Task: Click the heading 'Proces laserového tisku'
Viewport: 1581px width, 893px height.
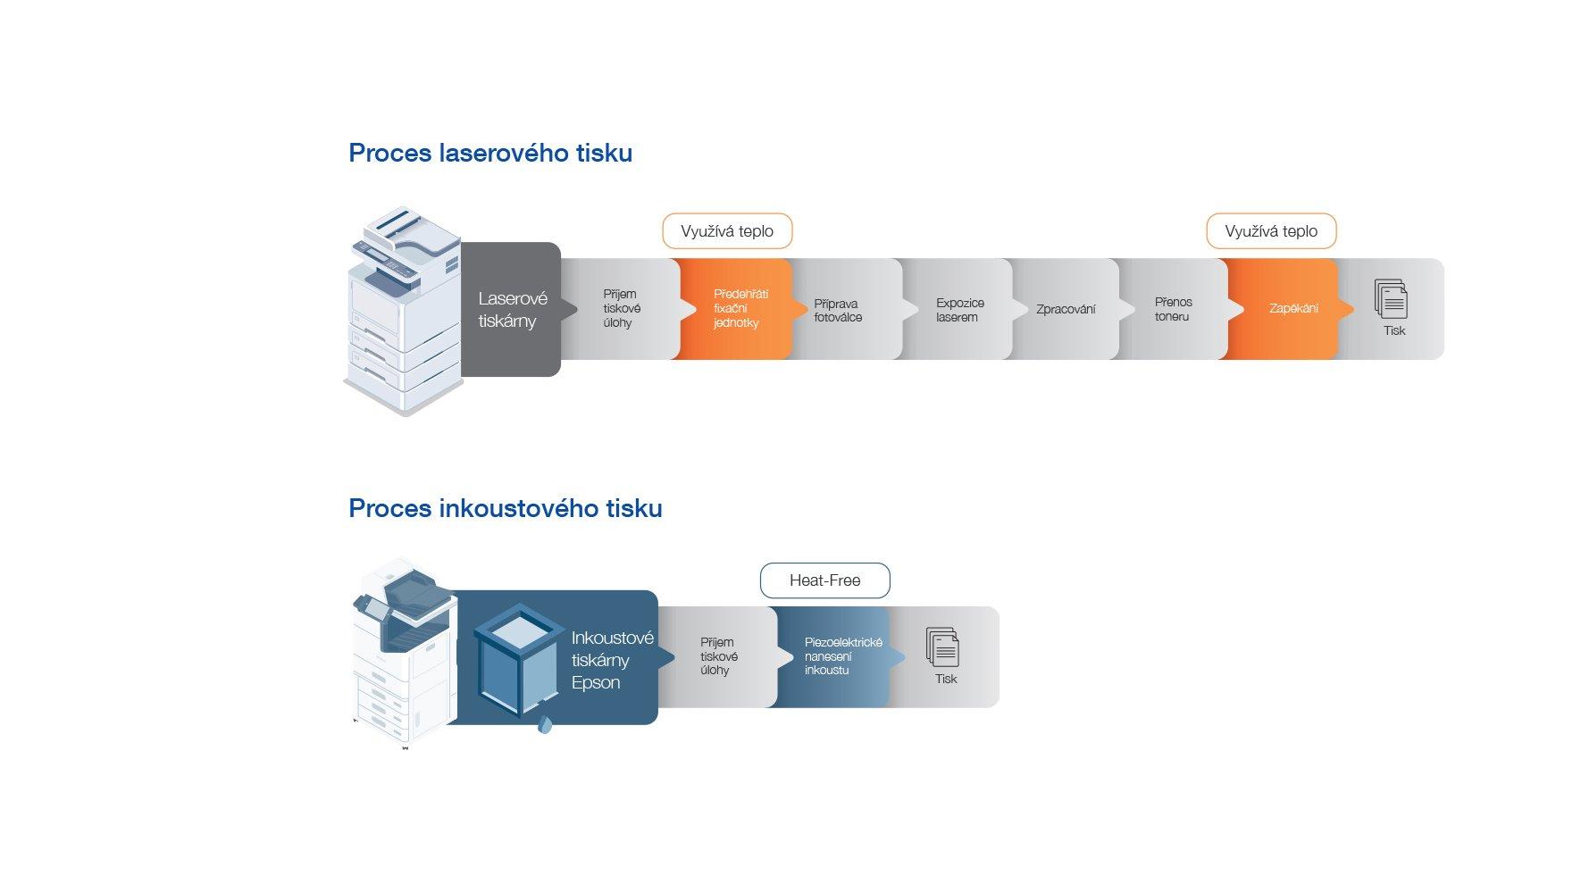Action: pos(490,153)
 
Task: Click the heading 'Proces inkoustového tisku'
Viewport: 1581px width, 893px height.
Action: pos(506,508)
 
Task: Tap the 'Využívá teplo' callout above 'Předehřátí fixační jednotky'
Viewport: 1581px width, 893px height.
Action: pos(727,231)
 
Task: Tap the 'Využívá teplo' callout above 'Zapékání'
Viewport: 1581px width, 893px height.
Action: pos(1271,231)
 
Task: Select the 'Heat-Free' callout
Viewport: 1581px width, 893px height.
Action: pos(824,580)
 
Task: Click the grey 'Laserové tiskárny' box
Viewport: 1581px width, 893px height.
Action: pos(512,309)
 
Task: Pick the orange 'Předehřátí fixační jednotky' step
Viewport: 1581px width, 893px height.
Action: pos(738,309)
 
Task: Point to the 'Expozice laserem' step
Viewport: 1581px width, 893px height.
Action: pos(959,310)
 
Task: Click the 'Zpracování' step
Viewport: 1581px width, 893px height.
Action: pos(1066,310)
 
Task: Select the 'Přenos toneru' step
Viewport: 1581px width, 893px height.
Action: pos(1173,309)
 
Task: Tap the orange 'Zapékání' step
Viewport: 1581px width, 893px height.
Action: pos(1292,309)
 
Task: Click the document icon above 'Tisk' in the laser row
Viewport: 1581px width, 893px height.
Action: pos(1392,299)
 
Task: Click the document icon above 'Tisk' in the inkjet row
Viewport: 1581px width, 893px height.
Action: pos(943,647)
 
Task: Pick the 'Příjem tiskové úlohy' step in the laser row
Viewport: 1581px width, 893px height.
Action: pos(621,309)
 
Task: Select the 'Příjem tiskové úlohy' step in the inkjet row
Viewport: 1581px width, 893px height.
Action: pos(718,656)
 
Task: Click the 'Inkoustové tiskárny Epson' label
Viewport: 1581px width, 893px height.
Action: pos(612,660)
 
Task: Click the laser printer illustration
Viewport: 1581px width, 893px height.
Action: pos(402,313)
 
